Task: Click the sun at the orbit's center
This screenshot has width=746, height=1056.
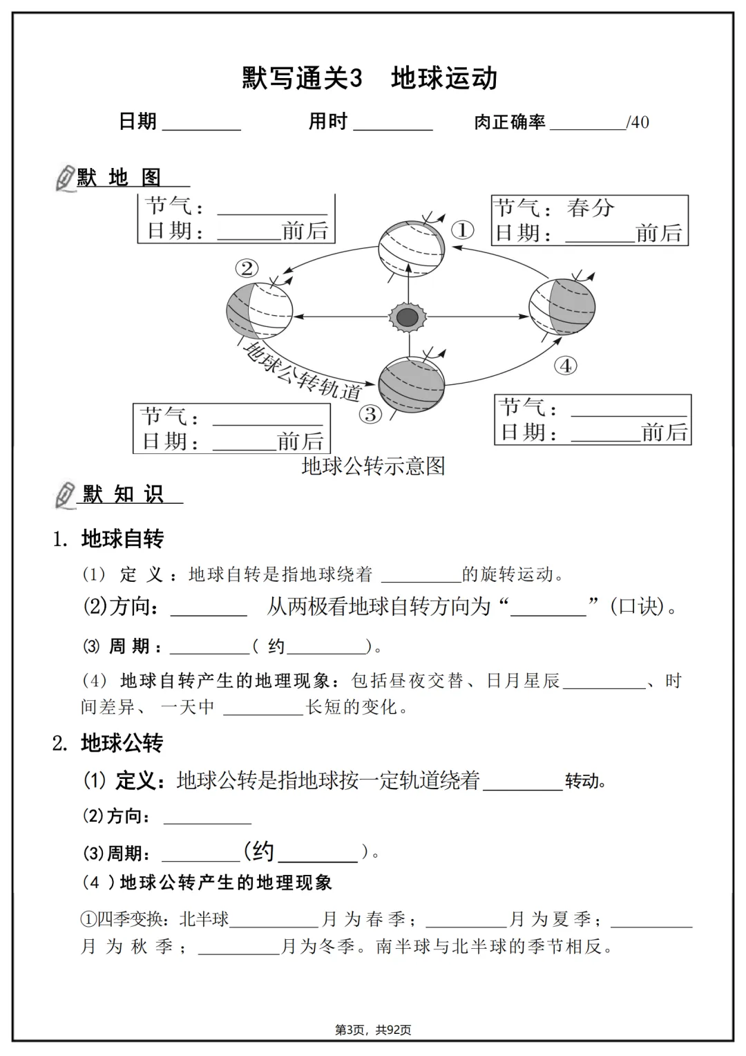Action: (x=408, y=317)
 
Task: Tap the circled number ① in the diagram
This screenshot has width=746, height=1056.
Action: (x=462, y=229)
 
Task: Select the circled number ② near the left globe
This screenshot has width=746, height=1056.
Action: (x=247, y=267)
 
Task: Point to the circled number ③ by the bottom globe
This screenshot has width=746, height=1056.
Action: (x=370, y=414)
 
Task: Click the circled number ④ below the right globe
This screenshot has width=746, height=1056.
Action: (x=566, y=366)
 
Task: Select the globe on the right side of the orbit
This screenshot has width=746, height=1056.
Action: (x=562, y=305)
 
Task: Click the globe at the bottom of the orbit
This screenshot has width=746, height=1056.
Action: (x=412, y=384)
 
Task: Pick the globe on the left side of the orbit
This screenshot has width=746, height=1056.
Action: (x=260, y=310)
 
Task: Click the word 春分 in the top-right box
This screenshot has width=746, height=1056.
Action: (x=591, y=208)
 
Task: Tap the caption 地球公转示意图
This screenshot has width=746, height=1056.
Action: (x=373, y=466)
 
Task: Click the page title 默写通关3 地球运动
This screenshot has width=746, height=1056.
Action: (x=370, y=79)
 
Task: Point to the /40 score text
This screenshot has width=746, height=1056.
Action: (x=638, y=123)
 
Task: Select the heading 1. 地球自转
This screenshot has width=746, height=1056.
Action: (x=108, y=539)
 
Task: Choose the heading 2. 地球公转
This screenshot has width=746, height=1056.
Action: (x=108, y=744)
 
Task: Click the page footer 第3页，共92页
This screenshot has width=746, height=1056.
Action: (x=373, y=1030)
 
